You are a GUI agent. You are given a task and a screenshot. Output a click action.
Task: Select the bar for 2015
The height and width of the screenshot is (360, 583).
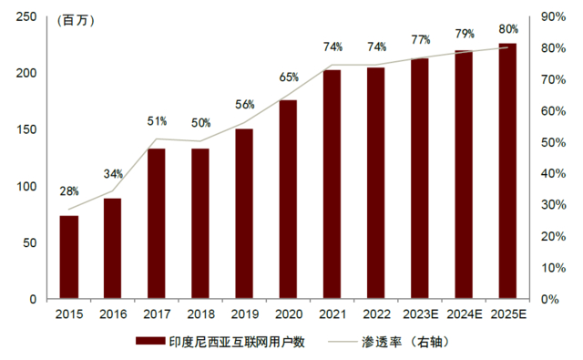click(x=69, y=257)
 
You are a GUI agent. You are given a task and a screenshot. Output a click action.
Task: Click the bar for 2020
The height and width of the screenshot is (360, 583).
click(x=288, y=200)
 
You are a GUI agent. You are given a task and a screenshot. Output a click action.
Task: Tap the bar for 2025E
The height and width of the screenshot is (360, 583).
click(x=506, y=171)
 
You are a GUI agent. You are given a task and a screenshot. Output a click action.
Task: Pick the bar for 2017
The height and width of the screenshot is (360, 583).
click(x=157, y=223)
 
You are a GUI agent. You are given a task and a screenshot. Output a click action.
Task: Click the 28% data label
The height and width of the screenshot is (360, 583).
click(x=69, y=191)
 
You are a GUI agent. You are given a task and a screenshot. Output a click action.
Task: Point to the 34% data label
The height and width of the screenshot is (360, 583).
click(x=113, y=174)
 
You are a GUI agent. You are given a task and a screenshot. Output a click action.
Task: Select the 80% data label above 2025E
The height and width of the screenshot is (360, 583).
click(x=507, y=29)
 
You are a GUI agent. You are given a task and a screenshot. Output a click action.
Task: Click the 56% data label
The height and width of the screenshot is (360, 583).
click(x=244, y=104)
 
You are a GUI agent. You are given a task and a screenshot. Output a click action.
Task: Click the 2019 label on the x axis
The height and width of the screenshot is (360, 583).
click(x=244, y=314)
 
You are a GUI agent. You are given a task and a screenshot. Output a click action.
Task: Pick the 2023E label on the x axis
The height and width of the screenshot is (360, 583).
click(x=419, y=314)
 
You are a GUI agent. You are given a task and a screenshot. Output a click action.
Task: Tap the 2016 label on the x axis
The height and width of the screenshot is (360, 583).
click(x=113, y=314)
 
